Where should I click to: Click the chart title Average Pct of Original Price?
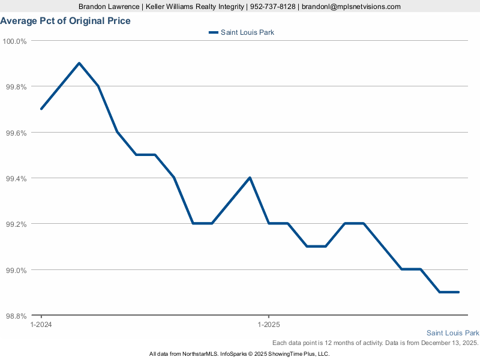click(65, 21)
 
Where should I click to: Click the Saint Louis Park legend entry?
click(241, 32)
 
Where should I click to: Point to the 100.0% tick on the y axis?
click(15, 41)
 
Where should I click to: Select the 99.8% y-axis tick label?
click(16, 87)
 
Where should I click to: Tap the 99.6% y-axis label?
click(16, 133)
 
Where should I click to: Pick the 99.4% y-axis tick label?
click(16, 178)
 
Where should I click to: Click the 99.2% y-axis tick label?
click(16, 224)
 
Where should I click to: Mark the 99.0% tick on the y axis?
click(16, 270)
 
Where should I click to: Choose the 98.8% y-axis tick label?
click(16, 316)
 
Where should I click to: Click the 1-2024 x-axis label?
click(41, 325)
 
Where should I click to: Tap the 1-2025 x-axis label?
click(268, 325)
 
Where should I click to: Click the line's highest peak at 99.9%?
click(79, 63)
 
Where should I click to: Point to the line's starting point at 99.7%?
click(41, 109)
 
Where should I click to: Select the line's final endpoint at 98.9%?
click(458, 292)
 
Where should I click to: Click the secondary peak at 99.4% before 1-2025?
click(250, 178)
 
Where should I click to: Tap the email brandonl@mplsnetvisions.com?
click(351, 7)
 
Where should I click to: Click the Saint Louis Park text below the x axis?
click(452, 333)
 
